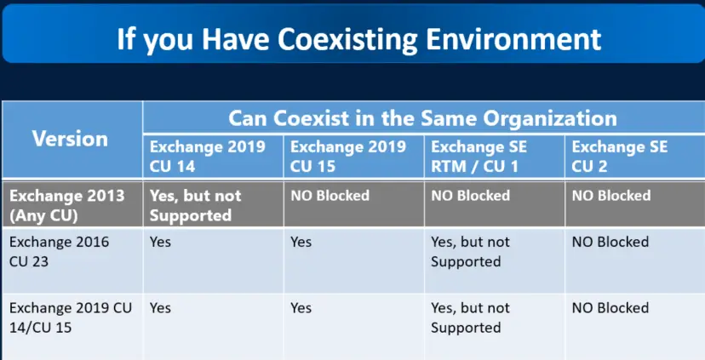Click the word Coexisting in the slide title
click(348, 40)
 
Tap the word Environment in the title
click(513, 39)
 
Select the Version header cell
click(70, 139)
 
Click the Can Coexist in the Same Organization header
click(422, 118)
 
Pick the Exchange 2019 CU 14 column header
click(207, 157)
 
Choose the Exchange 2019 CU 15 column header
click(348, 157)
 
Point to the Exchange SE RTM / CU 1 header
click(479, 157)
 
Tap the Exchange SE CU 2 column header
click(620, 157)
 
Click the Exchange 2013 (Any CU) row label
click(67, 205)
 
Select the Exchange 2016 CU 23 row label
click(59, 252)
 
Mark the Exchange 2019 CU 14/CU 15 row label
click(71, 317)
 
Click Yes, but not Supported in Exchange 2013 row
click(196, 205)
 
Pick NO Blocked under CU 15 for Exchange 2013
click(330, 196)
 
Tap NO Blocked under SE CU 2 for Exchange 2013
click(611, 196)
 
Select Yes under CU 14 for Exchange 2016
click(161, 242)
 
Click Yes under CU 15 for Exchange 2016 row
click(301, 242)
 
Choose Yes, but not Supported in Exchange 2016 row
click(470, 252)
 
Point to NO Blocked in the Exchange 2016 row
click(610, 242)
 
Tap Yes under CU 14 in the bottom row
click(161, 308)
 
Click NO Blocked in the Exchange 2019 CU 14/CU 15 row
click(610, 308)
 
